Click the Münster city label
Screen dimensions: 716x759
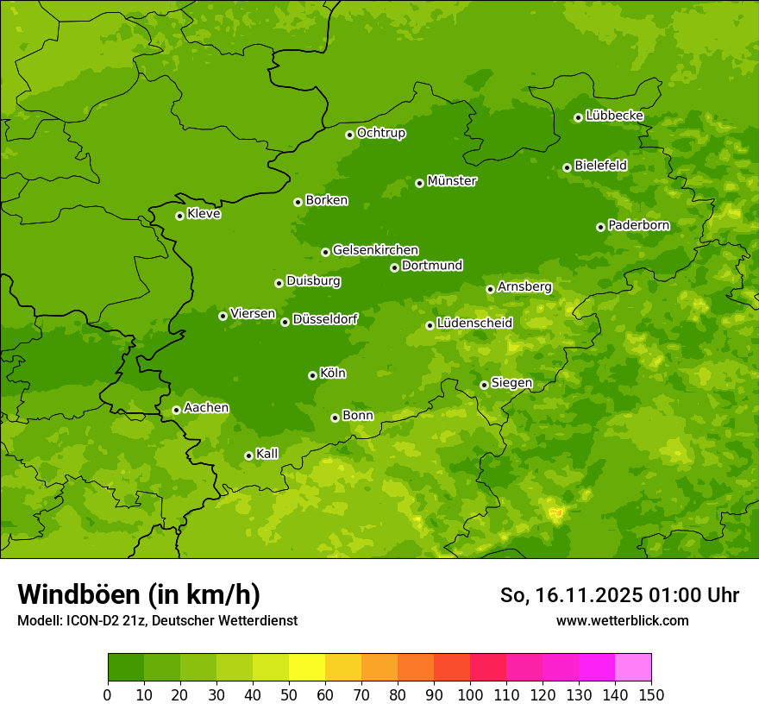point(451,181)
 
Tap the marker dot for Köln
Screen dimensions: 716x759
point(312,375)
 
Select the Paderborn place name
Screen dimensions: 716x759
point(638,225)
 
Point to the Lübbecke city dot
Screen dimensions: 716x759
point(578,117)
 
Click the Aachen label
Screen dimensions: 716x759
point(206,408)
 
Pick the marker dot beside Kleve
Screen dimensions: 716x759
point(179,216)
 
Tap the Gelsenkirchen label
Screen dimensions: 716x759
point(375,250)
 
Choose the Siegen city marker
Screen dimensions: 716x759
point(484,385)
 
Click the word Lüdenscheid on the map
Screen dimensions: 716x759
point(474,323)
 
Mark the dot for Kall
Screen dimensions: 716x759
point(248,455)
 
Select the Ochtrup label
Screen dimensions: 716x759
point(380,133)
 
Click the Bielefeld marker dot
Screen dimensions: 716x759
point(567,167)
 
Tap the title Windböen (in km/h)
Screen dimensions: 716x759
point(138,594)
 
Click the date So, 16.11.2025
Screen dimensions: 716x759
point(571,595)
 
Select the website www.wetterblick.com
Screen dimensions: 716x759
point(622,620)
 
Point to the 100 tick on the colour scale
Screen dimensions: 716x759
point(470,694)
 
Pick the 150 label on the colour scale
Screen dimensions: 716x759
point(651,694)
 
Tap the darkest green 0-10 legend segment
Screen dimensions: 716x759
point(126,668)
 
